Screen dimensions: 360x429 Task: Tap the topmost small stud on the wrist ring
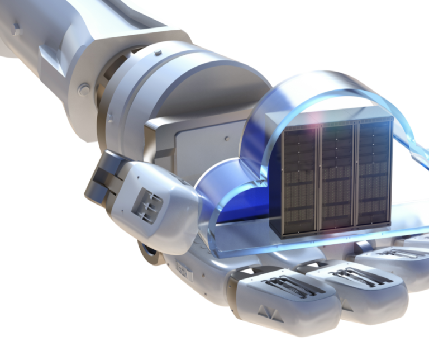[158, 53]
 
